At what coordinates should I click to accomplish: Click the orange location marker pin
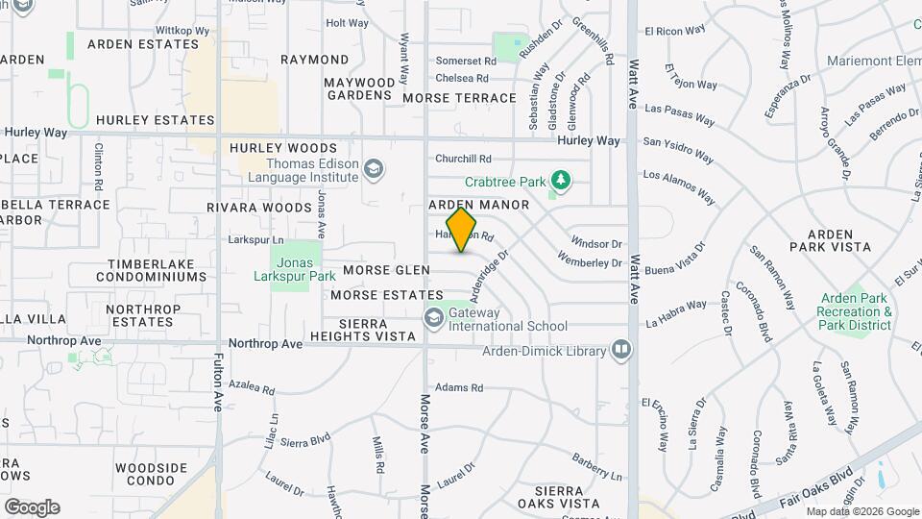[461, 230]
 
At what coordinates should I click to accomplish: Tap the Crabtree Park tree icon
[560, 180]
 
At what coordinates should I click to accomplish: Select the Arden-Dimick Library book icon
[621, 350]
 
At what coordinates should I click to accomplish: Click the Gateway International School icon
[434, 316]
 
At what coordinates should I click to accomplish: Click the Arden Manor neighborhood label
[478, 205]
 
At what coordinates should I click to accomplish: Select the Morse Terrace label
[459, 98]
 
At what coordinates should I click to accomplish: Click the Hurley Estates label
[155, 120]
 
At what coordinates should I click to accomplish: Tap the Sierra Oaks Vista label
[559, 497]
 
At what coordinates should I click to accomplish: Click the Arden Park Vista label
[839, 240]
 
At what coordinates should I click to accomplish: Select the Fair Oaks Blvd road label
[802, 487]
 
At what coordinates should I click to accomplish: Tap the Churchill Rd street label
[463, 159]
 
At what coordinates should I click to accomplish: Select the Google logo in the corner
[32, 507]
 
